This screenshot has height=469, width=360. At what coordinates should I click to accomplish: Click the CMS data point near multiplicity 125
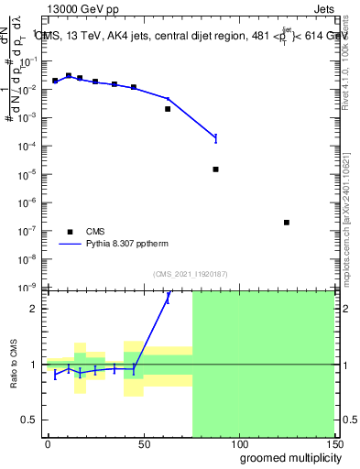tap(287, 223)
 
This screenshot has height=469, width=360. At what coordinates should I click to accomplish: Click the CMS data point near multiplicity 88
tap(215, 169)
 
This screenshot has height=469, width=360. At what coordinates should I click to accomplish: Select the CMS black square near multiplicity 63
tap(168, 109)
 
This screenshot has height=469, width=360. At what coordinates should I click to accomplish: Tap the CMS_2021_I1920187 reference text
tap(191, 273)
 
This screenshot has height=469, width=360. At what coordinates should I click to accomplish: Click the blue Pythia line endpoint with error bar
tap(215, 138)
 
